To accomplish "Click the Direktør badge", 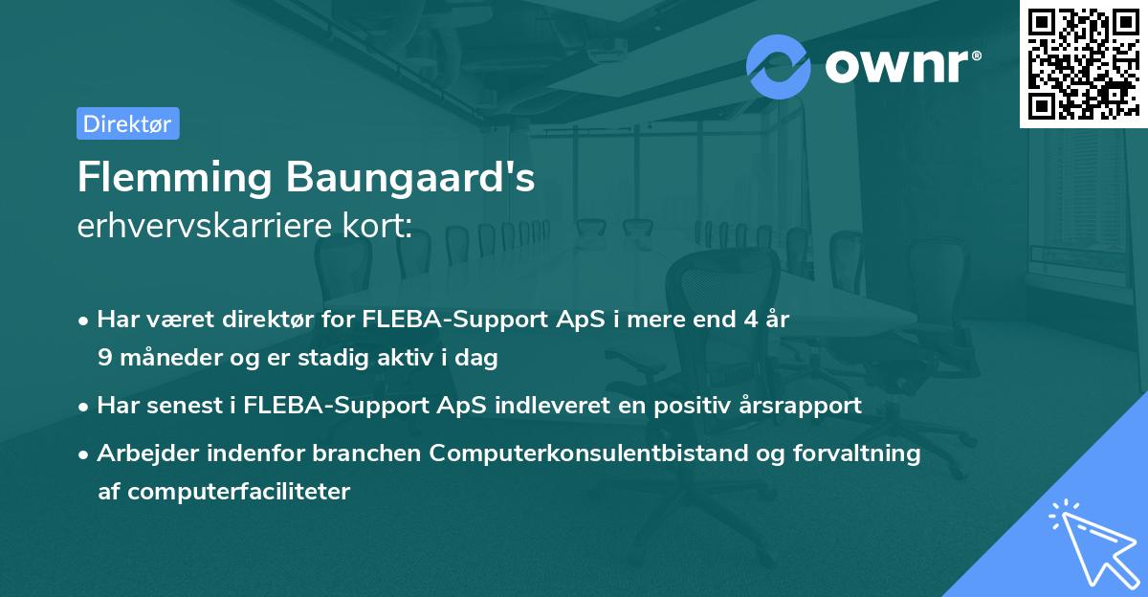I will point(127,123).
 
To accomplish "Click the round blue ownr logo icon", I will point(779,66).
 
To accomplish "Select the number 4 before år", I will point(737,320).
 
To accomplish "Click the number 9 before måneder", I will point(104,358).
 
